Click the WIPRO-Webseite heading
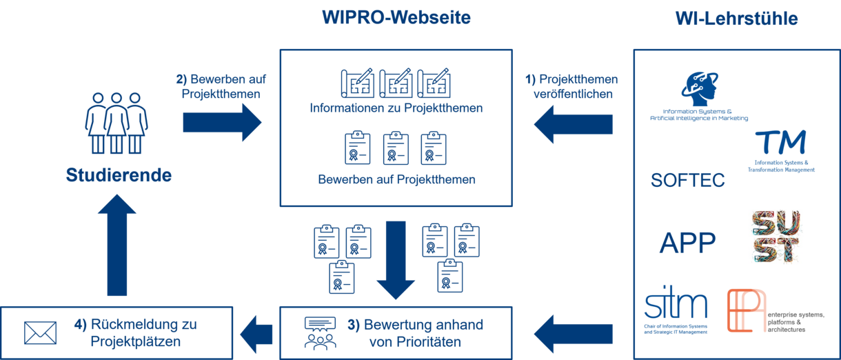[396, 17]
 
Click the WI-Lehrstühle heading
[736, 19]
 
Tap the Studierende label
[119, 176]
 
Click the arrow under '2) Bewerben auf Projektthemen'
[222, 123]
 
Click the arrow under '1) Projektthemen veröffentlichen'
[574, 126]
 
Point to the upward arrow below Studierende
[116, 246]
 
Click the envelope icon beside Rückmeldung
[40, 332]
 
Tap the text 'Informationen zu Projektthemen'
[396, 108]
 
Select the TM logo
[781, 149]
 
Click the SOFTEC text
[688, 181]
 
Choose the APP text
[687, 243]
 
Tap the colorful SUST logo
[776, 237]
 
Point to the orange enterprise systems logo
[747, 310]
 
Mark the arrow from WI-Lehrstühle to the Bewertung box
[574, 332]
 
